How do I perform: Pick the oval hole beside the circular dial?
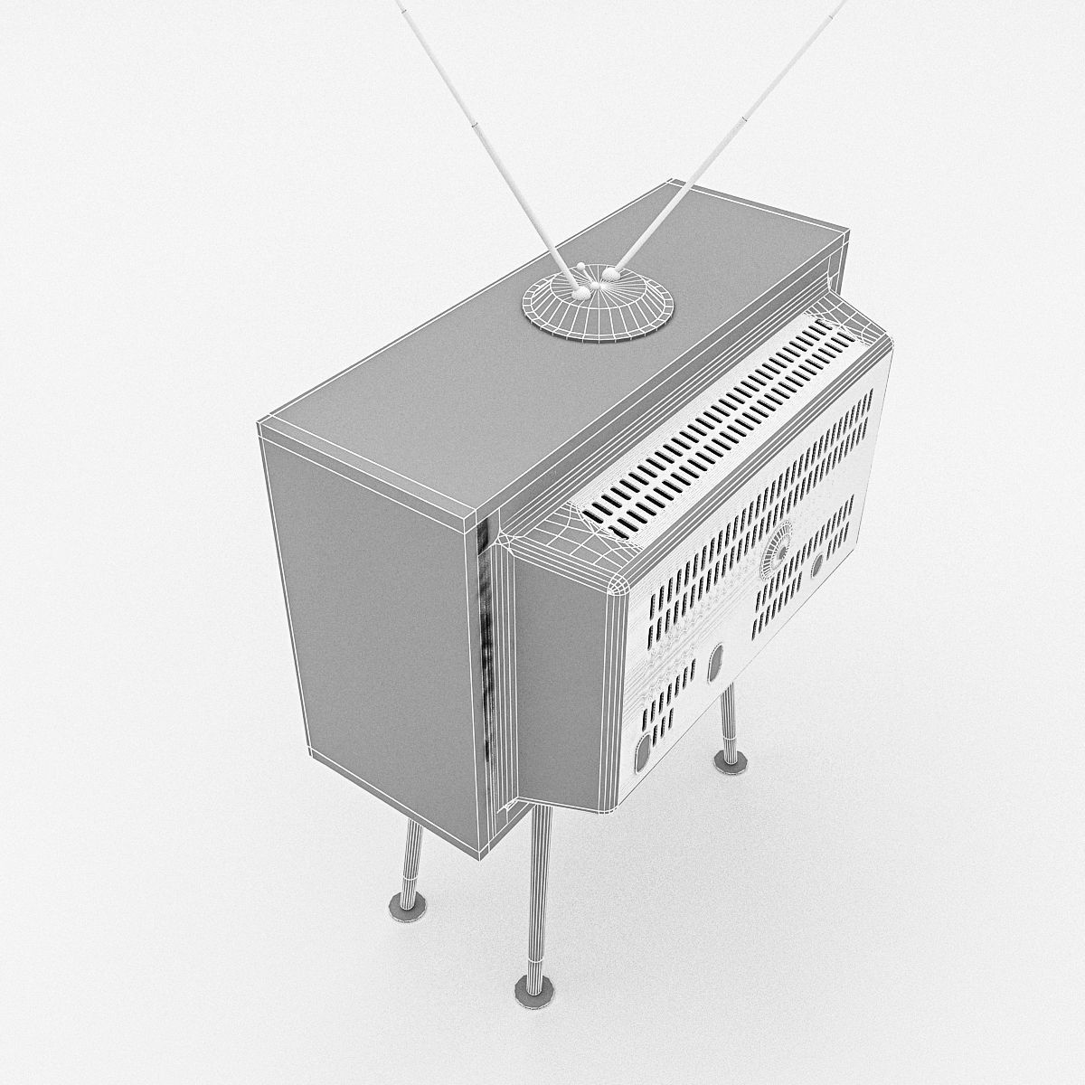(817, 565)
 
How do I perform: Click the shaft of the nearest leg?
(538, 886)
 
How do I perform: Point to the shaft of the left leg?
(412, 854)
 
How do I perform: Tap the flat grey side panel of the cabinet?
(380, 633)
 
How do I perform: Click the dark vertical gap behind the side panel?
(486, 651)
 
